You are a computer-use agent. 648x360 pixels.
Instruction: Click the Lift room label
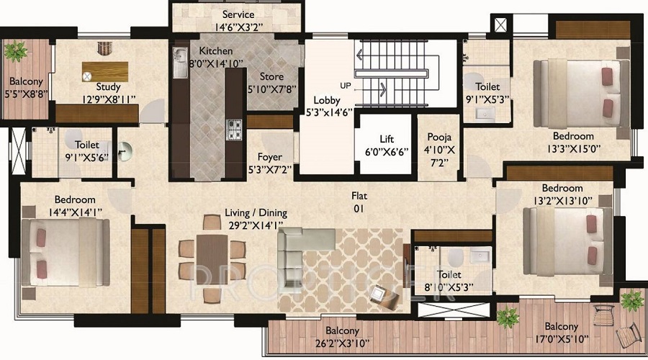(387, 139)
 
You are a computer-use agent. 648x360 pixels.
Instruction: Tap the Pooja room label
(438, 137)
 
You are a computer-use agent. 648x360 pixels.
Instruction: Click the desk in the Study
(105, 71)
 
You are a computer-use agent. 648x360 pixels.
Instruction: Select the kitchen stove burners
(235, 129)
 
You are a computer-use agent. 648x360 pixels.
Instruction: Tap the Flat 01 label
(359, 202)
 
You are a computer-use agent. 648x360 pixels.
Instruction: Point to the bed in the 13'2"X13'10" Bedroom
(569, 238)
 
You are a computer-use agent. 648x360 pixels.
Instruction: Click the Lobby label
(326, 101)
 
